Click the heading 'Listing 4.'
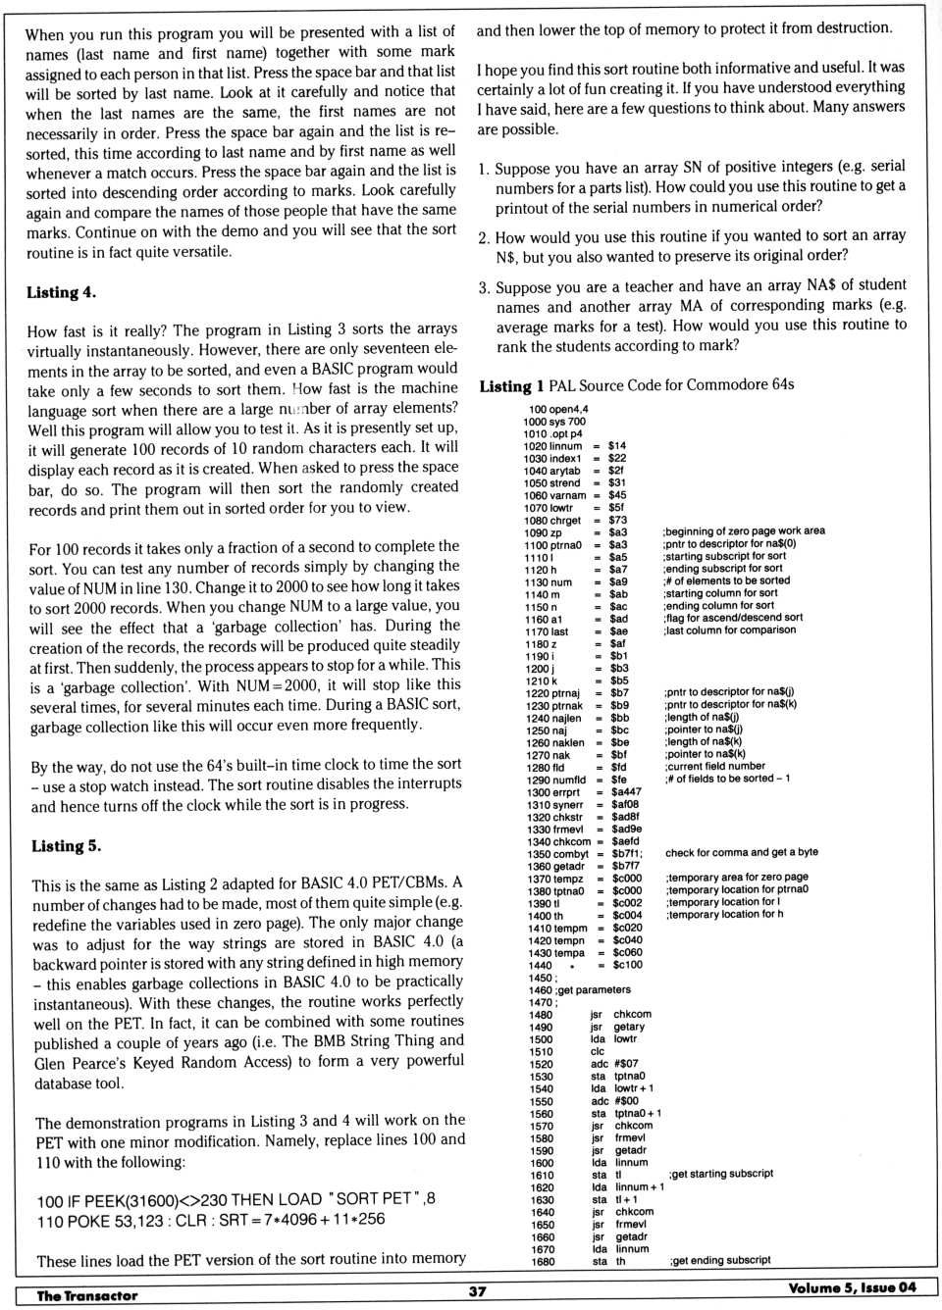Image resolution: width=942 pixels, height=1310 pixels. tap(61, 292)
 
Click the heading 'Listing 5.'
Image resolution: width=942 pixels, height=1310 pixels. tap(66, 846)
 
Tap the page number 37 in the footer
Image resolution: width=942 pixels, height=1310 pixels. tap(477, 1291)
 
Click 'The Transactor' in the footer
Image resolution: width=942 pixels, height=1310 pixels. tap(87, 1295)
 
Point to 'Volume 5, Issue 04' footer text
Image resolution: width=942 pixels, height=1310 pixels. tap(852, 1287)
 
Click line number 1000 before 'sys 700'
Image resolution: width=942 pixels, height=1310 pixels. tap(535, 422)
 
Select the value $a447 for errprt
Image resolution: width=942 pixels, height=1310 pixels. tap(626, 792)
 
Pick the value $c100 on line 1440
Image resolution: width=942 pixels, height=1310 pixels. tap(627, 965)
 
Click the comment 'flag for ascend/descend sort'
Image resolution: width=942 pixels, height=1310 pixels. tap(733, 618)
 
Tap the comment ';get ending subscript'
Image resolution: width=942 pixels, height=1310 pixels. tap(720, 1260)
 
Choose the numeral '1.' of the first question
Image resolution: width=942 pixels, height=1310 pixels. tap(484, 169)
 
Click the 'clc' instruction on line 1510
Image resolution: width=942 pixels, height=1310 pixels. tap(598, 1051)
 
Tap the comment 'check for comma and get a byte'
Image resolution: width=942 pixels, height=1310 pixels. tap(741, 852)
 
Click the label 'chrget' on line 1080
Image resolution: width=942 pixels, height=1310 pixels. tap(566, 521)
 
